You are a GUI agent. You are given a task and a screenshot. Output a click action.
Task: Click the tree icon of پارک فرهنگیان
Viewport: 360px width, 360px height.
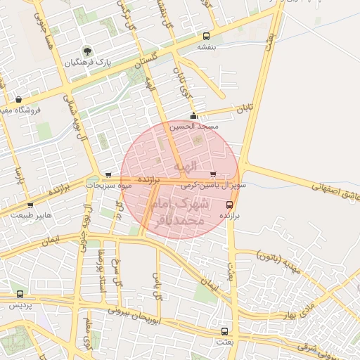click(87, 51)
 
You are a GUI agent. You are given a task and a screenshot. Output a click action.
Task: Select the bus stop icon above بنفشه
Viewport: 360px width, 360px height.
click(206, 36)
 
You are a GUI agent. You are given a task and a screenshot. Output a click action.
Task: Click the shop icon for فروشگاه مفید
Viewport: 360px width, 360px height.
click(18, 99)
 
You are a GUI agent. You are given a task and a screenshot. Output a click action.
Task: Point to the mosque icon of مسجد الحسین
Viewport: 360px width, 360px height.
click(194, 116)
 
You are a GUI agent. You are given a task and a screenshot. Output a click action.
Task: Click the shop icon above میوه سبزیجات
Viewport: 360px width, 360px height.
click(108, 175)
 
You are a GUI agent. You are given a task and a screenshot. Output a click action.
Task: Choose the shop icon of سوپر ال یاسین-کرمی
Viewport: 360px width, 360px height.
click(213, 174)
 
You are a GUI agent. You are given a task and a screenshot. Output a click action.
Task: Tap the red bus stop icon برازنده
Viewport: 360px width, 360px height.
click(229, 205)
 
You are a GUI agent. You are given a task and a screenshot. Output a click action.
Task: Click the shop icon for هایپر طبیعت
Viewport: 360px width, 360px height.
click(30, 205)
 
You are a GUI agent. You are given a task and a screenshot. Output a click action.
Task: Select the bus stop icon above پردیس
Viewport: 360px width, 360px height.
click(19, 295)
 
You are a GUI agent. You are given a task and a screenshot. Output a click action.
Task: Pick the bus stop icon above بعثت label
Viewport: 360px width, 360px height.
click(224, 330)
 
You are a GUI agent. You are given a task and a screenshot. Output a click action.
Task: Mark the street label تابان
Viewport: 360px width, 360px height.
click(243, 110)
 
